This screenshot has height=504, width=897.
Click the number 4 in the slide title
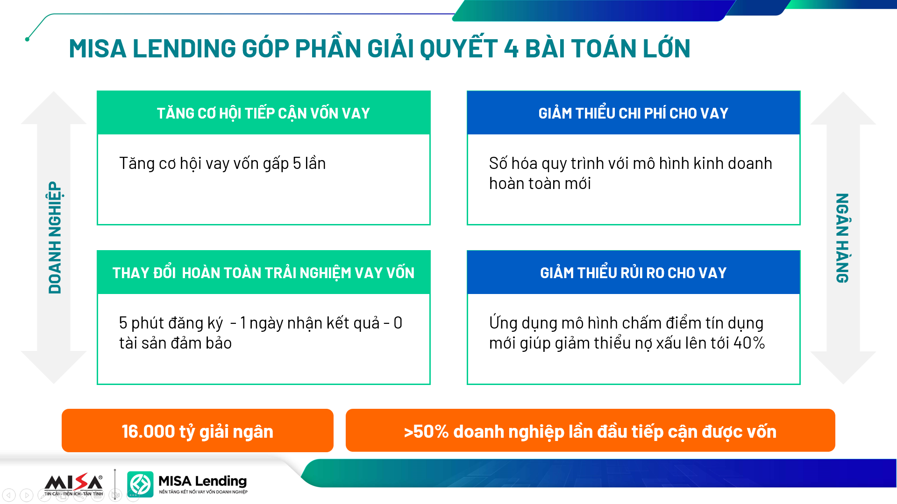pos(511,49)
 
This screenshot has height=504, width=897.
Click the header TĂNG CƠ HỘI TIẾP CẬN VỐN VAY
pos(263,113)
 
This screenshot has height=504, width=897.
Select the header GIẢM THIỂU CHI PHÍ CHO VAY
pos(634,113)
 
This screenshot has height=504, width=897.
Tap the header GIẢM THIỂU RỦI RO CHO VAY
pos(634,273)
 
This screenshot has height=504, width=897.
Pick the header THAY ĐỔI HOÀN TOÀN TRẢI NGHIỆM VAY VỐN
pos(263,273)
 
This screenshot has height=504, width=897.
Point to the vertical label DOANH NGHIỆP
pos(55,238)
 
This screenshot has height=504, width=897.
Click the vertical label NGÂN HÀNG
pos(842,238)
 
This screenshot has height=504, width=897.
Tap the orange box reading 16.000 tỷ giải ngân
pos(198,430)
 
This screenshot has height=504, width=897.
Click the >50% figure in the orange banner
pos(426,432)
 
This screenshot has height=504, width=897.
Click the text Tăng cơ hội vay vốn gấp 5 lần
pos(222,163)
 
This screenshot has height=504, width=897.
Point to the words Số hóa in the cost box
pos(513,163)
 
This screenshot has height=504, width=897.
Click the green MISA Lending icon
pos(140,484)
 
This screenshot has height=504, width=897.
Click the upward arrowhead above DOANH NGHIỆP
pos(54,108)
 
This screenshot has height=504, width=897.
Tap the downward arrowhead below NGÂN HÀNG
pos(843,368)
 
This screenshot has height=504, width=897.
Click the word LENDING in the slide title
pos(185,49)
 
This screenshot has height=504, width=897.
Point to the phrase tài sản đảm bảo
pos(175,343)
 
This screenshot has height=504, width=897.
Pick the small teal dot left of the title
pos(27,39)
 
